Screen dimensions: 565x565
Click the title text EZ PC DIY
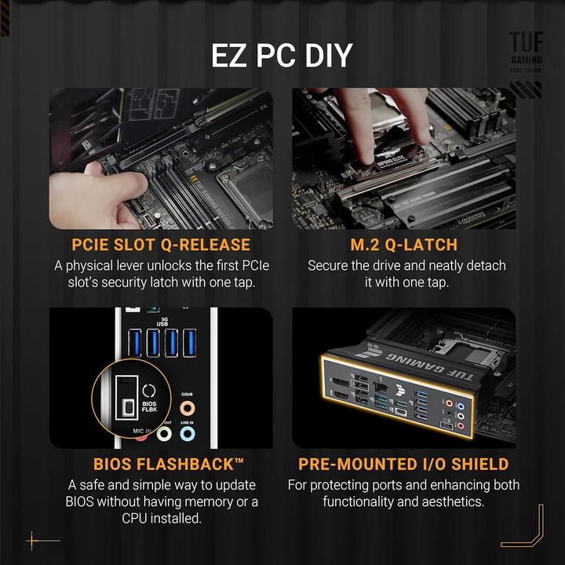[282, 56]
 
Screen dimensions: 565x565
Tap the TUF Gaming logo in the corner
[525, 50]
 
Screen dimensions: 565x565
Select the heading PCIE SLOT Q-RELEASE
[161, 245]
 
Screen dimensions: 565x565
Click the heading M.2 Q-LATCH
[406, 245]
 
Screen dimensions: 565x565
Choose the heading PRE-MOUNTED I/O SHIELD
[403, 465]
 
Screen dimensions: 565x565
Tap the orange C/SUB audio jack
[187, 408]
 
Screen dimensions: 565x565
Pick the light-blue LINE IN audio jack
[187, 432]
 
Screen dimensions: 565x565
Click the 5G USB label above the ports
[162, 319]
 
